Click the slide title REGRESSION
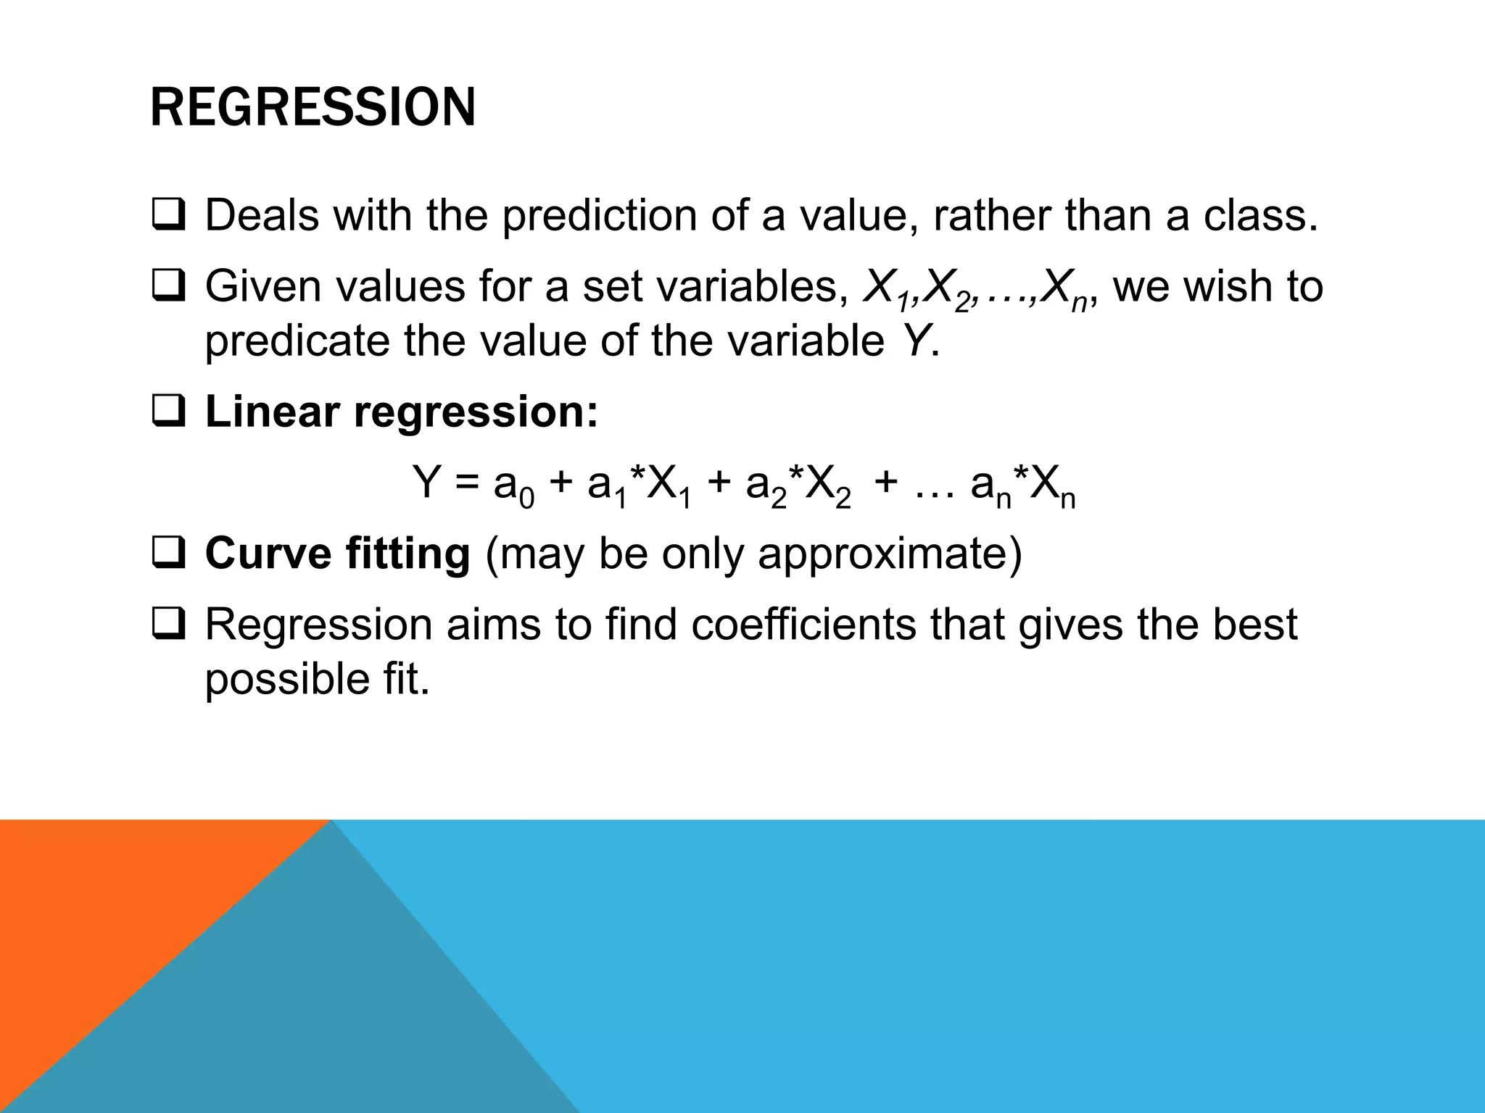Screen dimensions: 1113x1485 pos(313,107)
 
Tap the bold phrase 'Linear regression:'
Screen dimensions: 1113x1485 pos(402,412)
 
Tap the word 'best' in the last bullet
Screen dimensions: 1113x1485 pos(1259,625)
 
